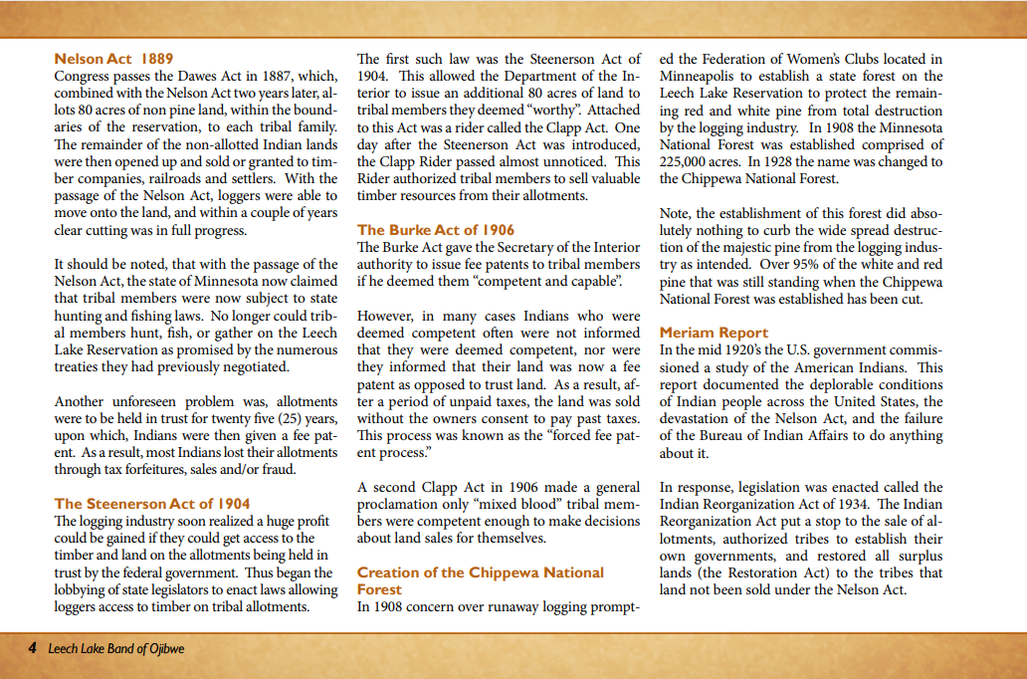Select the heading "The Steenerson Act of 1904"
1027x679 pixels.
[152, 504]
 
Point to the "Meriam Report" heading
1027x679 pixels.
[714, 333]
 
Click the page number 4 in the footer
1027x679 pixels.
[33, 648]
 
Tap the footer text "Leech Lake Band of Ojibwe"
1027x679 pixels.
[116, 648]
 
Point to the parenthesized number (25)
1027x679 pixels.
[260, 418]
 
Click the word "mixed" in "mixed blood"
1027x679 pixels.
[486, 504]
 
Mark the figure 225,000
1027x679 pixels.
[687, 161]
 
